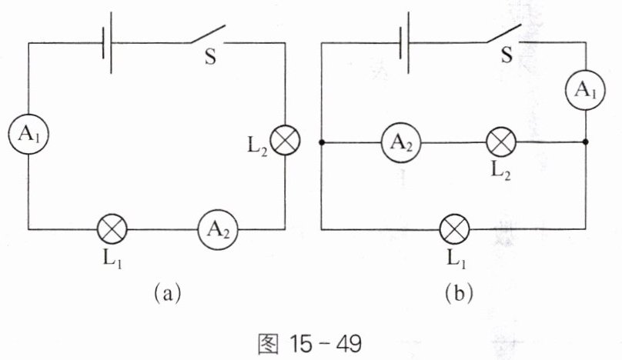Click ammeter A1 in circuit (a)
pyautogui.click(x=28, y=134)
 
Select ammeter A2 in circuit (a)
pyautogui.click(x=218, y=229)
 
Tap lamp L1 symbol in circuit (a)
pyautogui.click(x=112, y=229)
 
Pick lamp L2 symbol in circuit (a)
pyautogui.click(x=285, y=140)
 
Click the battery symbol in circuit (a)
pyautogui.click(x=107, y=43)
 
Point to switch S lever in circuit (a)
pyautogui.click(x=208, y=34)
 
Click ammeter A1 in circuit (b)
pyautogui.click(x=586, y=91)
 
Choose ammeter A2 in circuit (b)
pyautogui.click(x=401, y=143)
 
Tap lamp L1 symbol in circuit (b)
pyautogui.click(x=455, y=229)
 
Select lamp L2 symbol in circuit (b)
pyautogui.click(x=501, y=142)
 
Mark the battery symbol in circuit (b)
pyautogui.click(x=405, y=43)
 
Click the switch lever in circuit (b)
pyautogui.click(x=503, y=33)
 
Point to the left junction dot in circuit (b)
pyautogui.click(x=321, y=142)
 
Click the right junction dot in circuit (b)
pyautogui.click(x=586, y=142)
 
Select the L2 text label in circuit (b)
pyautogui.click(x=501, y=171)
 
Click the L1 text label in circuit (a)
pyautogui.click(x=112, y=259)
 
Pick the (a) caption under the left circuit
pyautogui.click(x=167, y=293)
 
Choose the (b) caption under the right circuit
pyautogui.click(x=459, y=293)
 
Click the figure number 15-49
pyautogui.click(x=326, y=343)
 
